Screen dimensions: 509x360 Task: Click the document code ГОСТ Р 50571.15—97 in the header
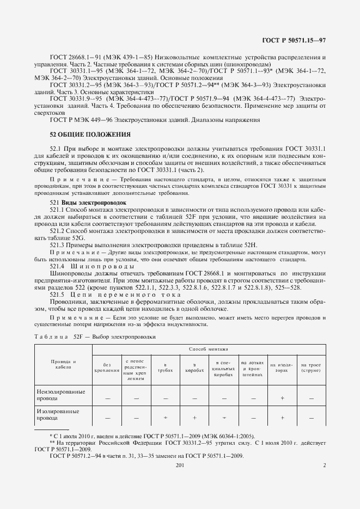click(294, 40)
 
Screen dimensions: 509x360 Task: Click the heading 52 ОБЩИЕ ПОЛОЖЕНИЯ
click(90, 134)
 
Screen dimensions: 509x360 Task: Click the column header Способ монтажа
click(209, 348)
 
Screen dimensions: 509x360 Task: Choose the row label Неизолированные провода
click(60, 395)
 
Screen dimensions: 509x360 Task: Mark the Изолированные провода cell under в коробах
click(194, 418)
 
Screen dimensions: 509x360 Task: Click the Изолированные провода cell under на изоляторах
click(282, 418)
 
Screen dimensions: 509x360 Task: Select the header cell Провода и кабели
click(63, 364)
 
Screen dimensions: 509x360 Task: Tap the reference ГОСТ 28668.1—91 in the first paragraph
click(75, 57)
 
